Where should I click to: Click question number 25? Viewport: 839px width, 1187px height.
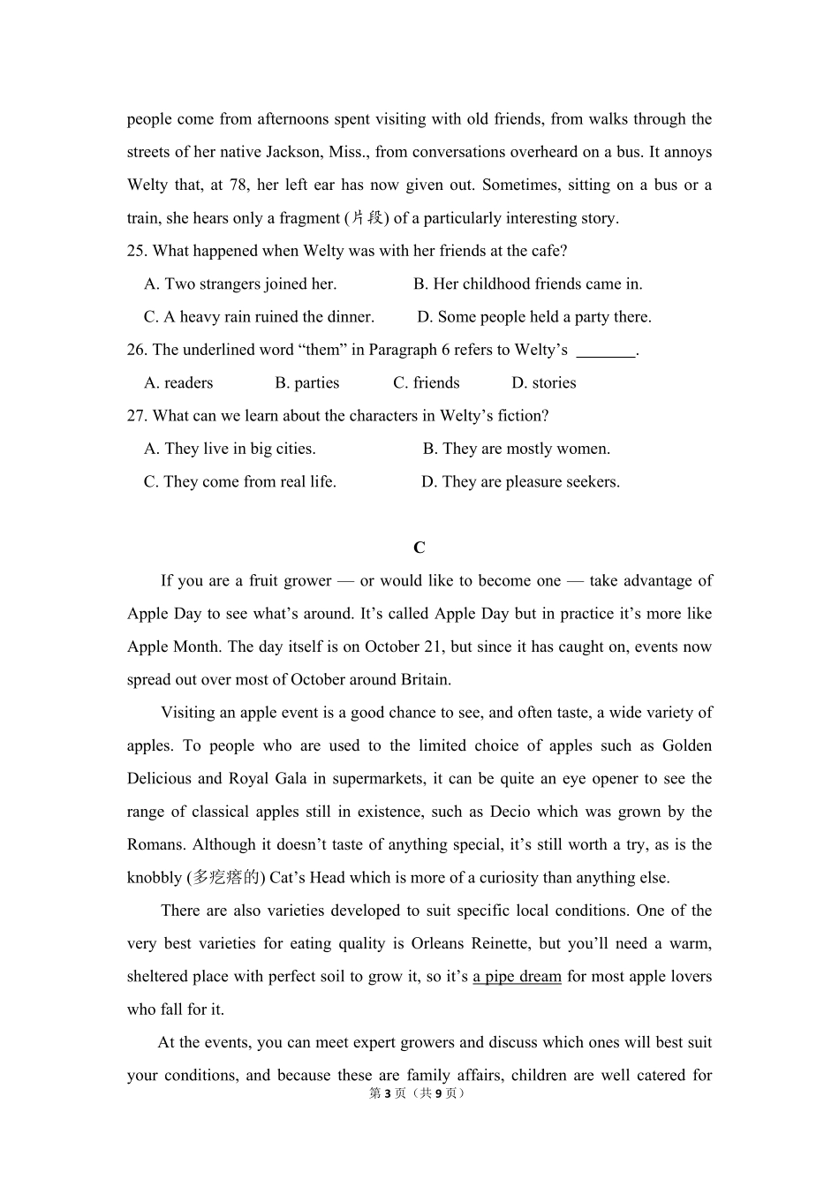point(137,251)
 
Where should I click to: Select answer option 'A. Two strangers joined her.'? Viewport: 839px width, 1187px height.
point(240,284)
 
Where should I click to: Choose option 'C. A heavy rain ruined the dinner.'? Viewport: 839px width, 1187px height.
point(259,317)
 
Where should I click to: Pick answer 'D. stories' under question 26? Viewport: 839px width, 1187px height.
point(543,383)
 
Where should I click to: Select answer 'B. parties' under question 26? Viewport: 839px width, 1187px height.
point(306,383)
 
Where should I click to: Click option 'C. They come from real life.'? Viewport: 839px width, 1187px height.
point(240,482)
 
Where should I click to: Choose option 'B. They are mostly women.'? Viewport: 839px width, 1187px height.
point(516,449)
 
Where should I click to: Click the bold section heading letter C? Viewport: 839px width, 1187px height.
point(419,548)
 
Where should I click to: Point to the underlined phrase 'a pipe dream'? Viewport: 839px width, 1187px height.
point(517,977)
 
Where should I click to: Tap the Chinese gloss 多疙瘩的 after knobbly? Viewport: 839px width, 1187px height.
point(226,878)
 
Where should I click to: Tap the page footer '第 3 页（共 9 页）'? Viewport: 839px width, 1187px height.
point(419,1093)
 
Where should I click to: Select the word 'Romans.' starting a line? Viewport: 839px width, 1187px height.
point(155,845)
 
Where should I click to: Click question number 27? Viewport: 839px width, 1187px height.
point(137,416)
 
